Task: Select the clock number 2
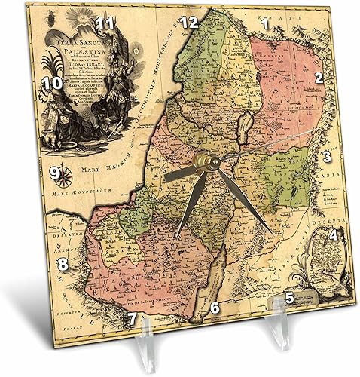point(319,77)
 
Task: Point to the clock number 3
point(327,157)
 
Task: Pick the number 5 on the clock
point(289,298)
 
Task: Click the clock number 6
point(215,307)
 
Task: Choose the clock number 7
point(133,318)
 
